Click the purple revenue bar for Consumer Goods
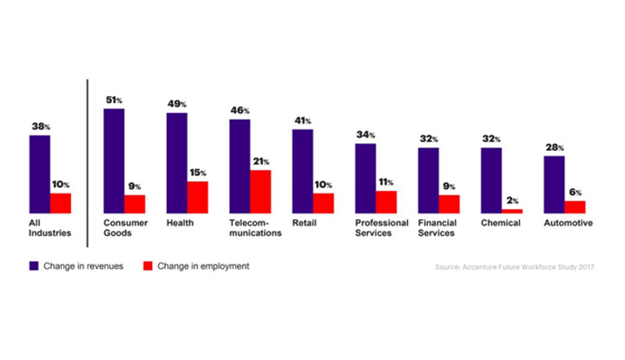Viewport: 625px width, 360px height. click(114, 160)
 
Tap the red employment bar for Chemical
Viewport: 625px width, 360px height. click(512, 210)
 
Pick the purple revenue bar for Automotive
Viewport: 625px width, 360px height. click(554, 184)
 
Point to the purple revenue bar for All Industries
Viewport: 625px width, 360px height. click(39, 173)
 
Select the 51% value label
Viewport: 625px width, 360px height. click(114, 100)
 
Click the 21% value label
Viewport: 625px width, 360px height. click(260, 161)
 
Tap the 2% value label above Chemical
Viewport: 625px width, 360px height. click(512, 200)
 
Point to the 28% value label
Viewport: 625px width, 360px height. click(554, 147)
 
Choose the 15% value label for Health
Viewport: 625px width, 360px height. click(198, 173)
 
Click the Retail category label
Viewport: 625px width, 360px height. click(305, 223)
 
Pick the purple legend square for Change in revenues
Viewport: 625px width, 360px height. click(35, 265)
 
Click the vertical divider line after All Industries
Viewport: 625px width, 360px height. click(87, 156)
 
